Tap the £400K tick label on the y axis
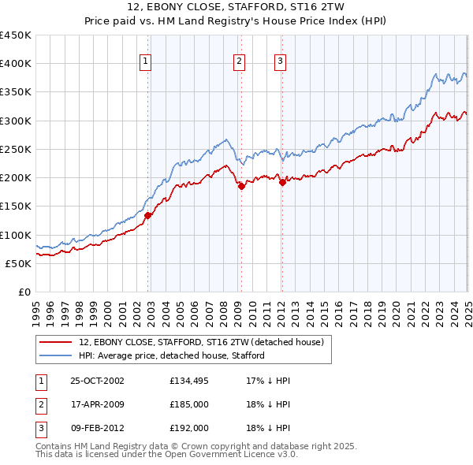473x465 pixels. click(x=16, y=64)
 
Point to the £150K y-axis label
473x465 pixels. click(x=16, y=206)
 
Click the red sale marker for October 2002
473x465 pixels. click(x=148, y=214)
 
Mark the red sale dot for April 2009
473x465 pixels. click(x=241, y=186)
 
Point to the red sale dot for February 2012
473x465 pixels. click(x=282, y=182)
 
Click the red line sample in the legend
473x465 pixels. click(x=55, y=342)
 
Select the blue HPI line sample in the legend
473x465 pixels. click(x=55, y=355)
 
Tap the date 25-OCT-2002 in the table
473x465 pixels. click(x=97, y=381)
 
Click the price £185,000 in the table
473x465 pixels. click(x=189, y=404)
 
